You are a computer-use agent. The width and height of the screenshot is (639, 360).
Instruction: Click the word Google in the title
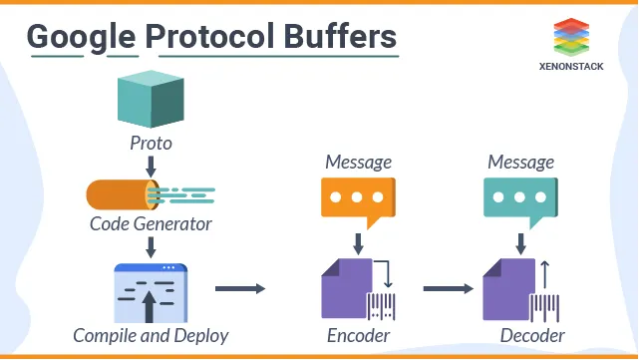pos(80,37)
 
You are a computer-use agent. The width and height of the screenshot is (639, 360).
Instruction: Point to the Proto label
pos(151,144)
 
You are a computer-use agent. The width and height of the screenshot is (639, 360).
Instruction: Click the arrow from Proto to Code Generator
pos(151,165)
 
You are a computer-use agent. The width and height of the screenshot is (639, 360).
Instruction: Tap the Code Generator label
pos(151,224)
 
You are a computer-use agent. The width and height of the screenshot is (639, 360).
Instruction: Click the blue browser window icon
pos(151,293)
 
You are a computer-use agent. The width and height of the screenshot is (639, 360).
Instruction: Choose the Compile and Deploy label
pos(151,336)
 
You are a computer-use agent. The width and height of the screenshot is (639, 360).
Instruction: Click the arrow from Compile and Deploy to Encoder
pos(241,289)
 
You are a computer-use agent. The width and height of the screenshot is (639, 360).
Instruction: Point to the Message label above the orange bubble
pos(358,162)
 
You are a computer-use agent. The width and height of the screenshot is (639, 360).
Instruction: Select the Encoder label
pos(358,336)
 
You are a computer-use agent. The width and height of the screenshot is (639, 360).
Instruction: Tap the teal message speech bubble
pos(519,199)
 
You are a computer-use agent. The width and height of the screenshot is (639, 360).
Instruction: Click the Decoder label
pos(532,336)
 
